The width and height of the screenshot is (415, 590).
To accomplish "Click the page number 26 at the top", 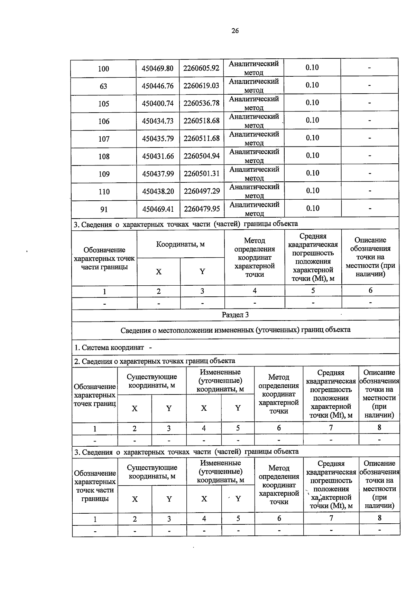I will tap(235, 31).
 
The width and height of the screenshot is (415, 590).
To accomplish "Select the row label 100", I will tap(103, 68).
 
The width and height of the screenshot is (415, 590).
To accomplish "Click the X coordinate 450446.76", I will tap(158, 86).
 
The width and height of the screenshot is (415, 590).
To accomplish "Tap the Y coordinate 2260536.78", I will tap(201, 103).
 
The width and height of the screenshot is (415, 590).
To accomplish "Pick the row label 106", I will tap(104, 121).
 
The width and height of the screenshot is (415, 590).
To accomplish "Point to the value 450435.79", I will tap(158, 139).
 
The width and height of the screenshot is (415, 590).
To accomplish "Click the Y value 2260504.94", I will tap(202, 156).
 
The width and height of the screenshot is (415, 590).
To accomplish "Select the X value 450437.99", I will tap(158, 174).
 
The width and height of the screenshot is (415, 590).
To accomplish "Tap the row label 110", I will tap(104, 192).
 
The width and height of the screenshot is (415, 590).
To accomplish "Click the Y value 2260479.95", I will tap(202, 209).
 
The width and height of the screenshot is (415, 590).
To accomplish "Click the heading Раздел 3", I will tap(235, 315).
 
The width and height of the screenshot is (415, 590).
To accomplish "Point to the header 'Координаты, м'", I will tap(180, 244).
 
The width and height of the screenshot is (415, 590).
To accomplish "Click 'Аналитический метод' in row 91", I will tap(254, 209).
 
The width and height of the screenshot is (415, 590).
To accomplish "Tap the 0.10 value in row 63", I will tap(312, 85).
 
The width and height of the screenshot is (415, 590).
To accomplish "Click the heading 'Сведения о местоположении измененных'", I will tap(235, 330).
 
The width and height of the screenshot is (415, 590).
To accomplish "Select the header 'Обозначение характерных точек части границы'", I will tap(104, 258).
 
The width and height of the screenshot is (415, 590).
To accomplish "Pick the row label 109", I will tap(104, 174).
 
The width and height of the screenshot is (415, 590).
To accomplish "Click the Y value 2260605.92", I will tap(201, 68).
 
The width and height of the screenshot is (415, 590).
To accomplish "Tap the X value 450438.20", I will tap(158, 191).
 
